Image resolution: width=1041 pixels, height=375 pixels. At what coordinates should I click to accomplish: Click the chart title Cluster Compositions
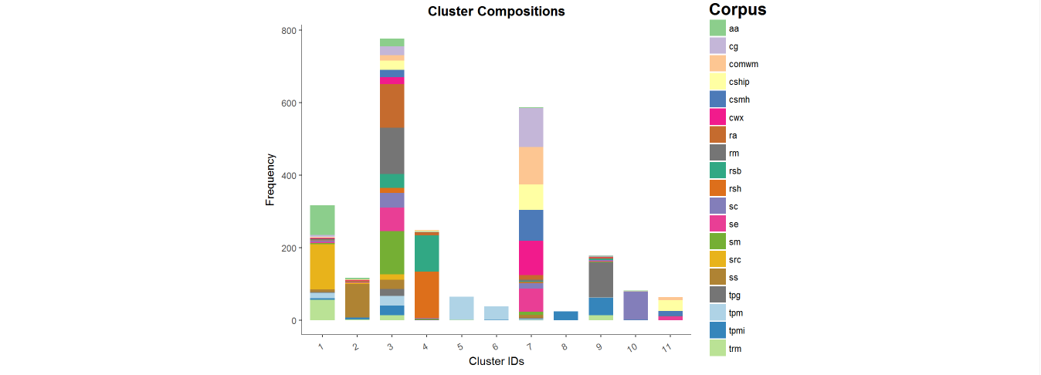point(496,12)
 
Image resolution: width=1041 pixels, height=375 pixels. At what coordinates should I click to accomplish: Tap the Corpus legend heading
point(738,10)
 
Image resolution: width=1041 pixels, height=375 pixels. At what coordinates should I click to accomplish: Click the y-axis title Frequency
point(270,180)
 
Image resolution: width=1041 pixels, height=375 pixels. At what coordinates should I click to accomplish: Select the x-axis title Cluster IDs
point(496,361)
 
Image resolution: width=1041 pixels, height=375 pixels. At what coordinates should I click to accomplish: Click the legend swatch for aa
point(717,29)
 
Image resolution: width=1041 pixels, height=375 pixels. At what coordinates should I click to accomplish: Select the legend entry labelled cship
point(738,82)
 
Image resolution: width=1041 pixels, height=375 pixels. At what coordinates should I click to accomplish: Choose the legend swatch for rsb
point(717,171)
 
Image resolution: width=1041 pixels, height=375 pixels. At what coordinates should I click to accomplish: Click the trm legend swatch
point(717,348)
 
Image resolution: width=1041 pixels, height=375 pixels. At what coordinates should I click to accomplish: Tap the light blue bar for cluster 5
point(461,308)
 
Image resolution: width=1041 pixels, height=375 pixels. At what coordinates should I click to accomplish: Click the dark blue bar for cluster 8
point(565,316)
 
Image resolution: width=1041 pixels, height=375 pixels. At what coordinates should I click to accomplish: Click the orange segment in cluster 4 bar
point(426,294)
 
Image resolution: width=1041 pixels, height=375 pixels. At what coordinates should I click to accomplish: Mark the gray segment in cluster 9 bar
point(600,279)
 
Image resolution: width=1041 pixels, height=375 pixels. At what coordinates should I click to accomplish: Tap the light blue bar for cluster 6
point(496,312)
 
